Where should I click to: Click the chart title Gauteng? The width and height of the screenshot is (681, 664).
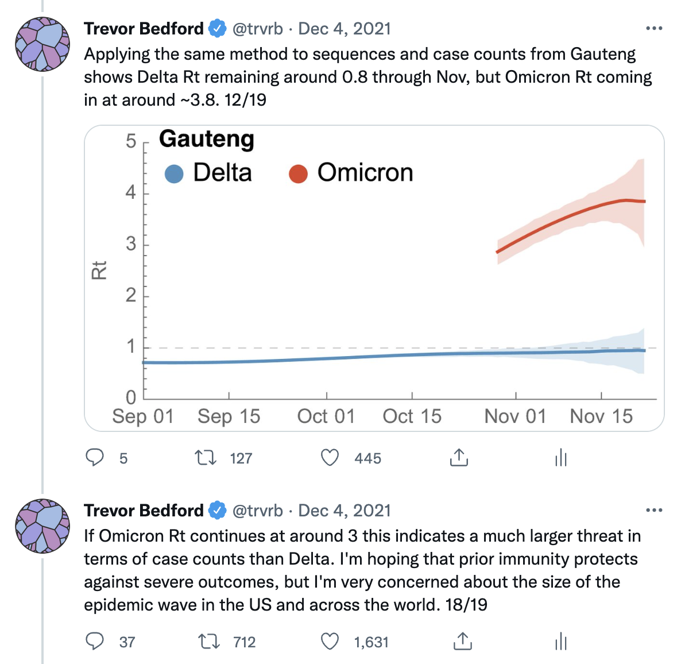[206, 140]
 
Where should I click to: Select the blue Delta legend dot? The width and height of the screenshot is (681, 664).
[173, 173]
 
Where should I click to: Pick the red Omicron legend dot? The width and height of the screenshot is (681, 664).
[298, 173]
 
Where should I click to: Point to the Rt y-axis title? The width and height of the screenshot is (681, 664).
[99, 270]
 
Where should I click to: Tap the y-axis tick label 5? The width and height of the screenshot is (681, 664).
[131, 141]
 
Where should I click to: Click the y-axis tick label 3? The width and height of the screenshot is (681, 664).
[131, 244]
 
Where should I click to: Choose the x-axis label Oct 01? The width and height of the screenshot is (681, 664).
[326, 416]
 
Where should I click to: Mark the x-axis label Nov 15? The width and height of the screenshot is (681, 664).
[601, 416]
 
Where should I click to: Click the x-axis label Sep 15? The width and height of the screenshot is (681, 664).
[229, 416]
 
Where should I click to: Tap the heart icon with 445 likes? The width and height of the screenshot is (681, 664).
[330, 458]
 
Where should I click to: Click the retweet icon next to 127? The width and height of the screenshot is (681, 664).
[205, 458]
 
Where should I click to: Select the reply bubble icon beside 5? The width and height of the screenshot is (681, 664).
[95, 458]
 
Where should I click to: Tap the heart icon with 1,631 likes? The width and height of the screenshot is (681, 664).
[330, 642]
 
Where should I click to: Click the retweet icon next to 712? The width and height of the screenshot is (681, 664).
[208, 642]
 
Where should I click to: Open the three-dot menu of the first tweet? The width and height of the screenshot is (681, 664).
[654, 28]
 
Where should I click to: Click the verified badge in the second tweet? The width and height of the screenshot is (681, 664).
[218, 510]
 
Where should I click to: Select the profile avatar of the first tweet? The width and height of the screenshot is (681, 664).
[42, 44]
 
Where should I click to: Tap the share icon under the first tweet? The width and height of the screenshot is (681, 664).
[459, 458]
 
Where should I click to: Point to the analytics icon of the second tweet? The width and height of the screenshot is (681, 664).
[561, 642]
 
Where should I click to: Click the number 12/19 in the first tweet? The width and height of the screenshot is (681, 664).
[245, 100]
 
